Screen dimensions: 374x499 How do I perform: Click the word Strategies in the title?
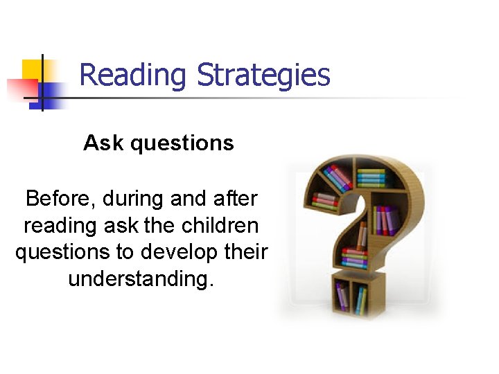(264, 75)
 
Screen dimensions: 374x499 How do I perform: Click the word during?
(133, 199)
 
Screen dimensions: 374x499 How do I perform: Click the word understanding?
(141, 279)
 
